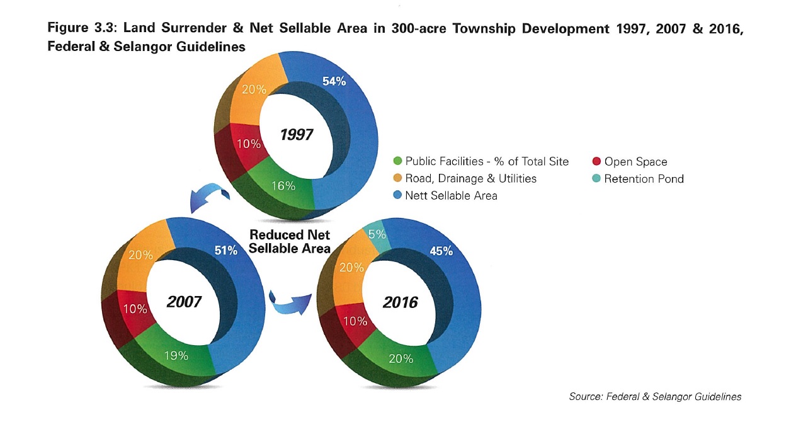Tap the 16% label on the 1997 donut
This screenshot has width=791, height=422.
[283, 185]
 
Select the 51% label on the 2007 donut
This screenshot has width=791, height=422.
[225, 250]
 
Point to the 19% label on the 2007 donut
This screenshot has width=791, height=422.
[176, 355]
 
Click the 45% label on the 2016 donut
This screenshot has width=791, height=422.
[441, 251]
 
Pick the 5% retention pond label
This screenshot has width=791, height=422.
[377, 234]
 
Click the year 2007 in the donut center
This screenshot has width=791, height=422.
[184, 302]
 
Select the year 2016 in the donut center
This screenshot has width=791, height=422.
[400, 302]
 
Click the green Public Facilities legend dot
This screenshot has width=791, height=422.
[397, 162]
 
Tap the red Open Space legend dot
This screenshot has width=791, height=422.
[596, 162]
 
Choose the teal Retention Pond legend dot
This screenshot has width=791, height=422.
[596, 179]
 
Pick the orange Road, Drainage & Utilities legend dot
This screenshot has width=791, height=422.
[397, 179]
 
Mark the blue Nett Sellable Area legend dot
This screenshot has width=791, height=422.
[397, 196]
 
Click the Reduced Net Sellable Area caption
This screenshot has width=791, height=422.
[290, 241]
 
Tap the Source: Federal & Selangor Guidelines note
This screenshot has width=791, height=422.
[655, 397]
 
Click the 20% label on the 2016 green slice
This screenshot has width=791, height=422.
[401, 358]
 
